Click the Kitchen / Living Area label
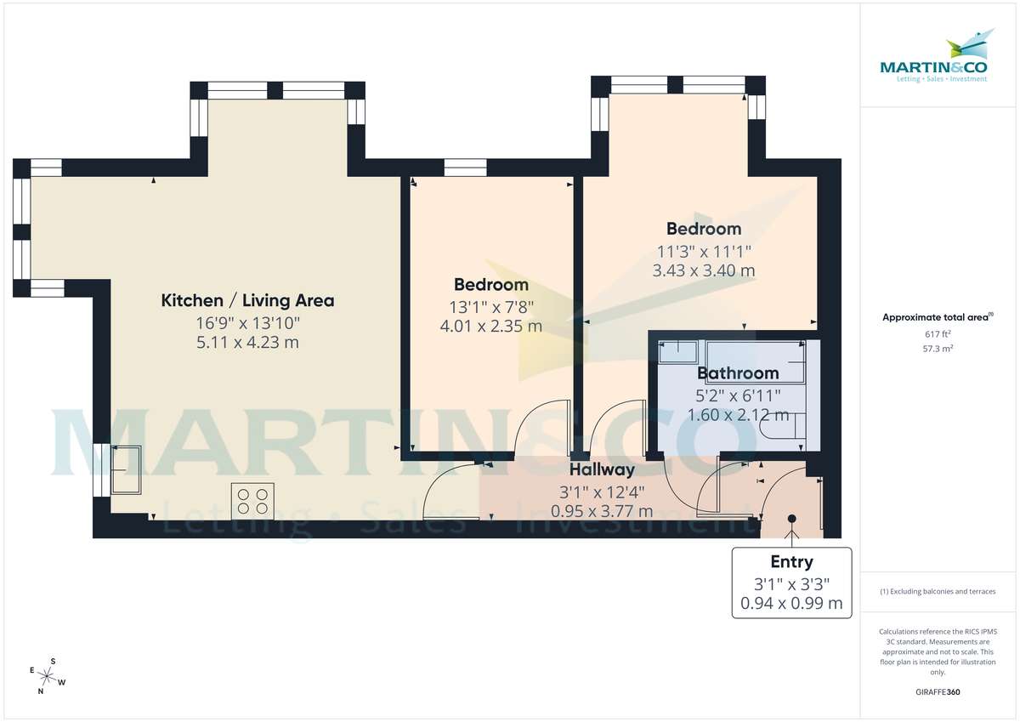[247, 300]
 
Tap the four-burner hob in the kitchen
[253, 499]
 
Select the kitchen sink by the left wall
[127, 469]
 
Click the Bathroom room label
[738, 373]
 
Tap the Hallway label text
[602, 469]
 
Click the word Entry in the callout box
[791, 562]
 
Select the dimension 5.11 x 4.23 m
[247, 343]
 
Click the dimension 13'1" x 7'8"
[490, 306]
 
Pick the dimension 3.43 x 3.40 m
[703, 270]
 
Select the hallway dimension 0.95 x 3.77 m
[602, 511]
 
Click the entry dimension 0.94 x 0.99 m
[791, 604]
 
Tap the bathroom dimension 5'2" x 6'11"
[738, 395]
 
